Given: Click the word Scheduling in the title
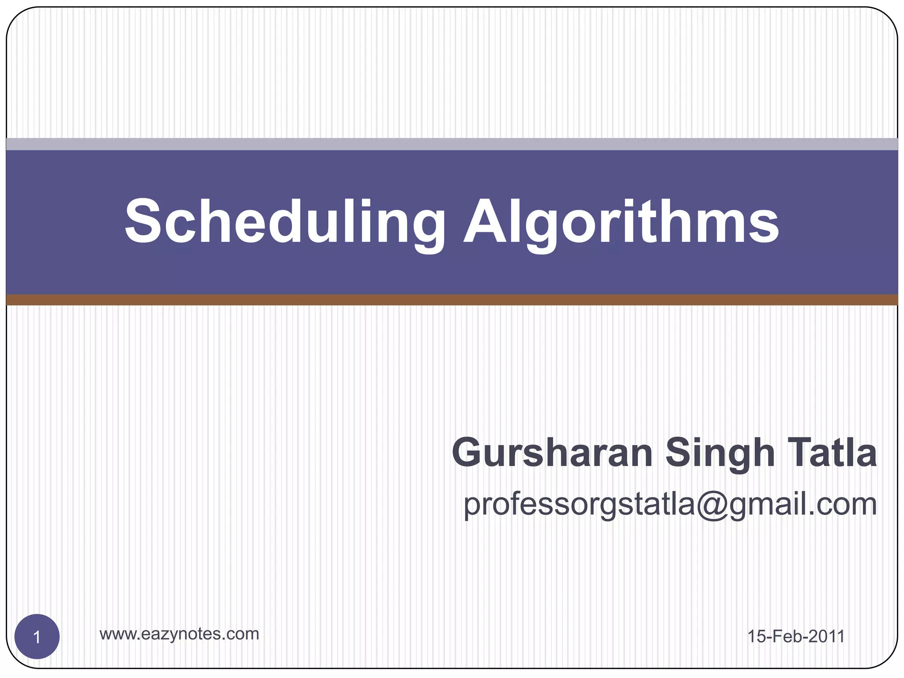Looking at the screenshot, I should point(285,221).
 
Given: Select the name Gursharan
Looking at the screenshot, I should point(552,453).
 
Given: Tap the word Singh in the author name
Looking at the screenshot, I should point(720,454).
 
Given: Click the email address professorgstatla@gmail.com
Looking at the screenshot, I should point(670,504).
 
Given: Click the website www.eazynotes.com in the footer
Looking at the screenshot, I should point(179,634).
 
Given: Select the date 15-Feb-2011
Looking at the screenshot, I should point(796,637).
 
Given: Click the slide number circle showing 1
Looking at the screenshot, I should point(37,637).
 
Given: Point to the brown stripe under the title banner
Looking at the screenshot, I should point(452,300).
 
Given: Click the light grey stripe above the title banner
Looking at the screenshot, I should point(452,144).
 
